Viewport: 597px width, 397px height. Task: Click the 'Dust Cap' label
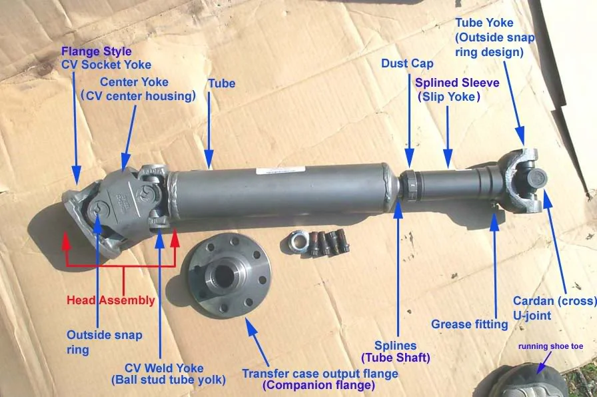point(407,63)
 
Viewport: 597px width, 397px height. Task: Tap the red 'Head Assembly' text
point(111,300)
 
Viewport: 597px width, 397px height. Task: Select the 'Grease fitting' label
point(470,324)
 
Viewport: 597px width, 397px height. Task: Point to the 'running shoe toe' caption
point(550,346)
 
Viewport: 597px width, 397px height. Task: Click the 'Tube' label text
point(222,83)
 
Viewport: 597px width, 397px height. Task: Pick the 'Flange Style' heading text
point(97,51)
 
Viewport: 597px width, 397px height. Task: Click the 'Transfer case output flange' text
point(320,374)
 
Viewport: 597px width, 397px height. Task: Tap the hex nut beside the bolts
point(297,242)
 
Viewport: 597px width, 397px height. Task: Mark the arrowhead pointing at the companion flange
point(251,325)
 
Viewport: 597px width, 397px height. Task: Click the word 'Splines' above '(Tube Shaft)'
point(395,346)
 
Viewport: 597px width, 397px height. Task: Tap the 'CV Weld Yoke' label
point(164,368)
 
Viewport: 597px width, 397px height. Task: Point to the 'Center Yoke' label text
point(134,82)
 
